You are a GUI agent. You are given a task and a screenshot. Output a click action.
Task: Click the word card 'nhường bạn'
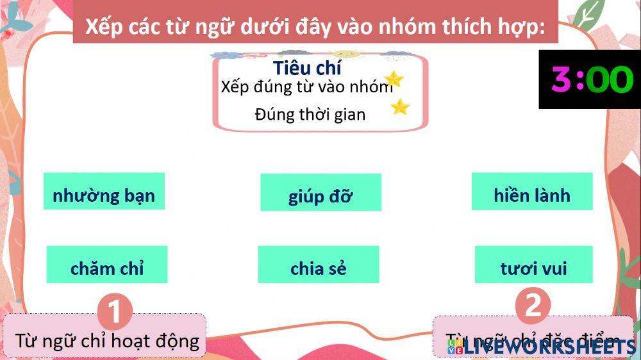[x=104, y=192]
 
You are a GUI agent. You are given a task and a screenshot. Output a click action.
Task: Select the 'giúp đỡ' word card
[x=320, y=193]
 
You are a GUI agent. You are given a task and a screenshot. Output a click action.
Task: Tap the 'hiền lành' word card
[x=532, y=192]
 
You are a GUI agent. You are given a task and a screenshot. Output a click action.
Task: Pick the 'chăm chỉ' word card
[x=107, y=265]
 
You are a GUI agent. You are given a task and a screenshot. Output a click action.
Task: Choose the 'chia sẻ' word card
[x=319, y=265]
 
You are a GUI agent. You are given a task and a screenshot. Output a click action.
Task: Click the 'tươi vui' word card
[x=533, y=265]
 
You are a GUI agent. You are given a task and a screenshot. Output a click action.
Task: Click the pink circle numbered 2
[x=533, y=306]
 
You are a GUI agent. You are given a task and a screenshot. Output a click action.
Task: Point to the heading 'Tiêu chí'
[x=307, y=68]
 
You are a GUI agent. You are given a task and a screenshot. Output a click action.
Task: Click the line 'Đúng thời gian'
[x=310, y=115]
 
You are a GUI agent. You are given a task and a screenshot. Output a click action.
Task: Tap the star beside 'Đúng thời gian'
[x=400, y=106]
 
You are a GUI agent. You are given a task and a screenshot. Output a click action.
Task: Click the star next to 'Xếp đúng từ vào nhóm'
[x=394, y=79]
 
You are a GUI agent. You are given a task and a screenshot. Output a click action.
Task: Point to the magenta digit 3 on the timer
[x=561, y=80]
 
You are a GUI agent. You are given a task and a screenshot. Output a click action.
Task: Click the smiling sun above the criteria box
[x=345, y=54]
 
